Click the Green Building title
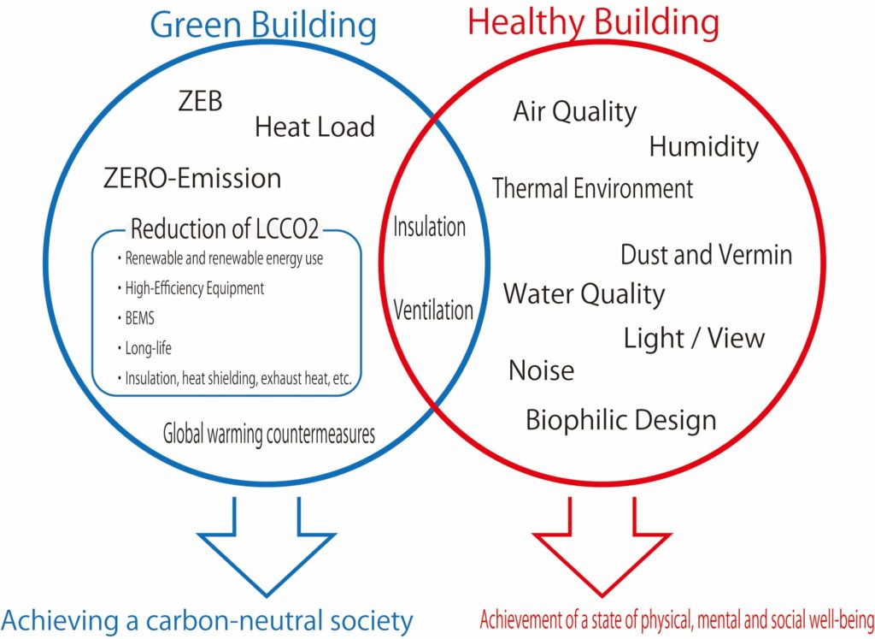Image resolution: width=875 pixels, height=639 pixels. click(263, 26)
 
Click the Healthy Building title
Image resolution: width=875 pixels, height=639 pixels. click(593, 23)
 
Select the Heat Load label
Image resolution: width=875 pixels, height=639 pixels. click(314, 127)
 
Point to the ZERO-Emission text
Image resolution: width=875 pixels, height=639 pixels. click(191, 178)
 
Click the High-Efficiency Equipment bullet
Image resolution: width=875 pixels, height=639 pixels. click(194, 288)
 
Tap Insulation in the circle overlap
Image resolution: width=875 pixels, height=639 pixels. click(429, 227)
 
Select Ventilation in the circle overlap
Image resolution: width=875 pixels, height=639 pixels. click(432, 310)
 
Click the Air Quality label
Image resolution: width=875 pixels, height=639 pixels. click(574, 112)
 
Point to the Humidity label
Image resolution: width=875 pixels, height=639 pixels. click(703, 147)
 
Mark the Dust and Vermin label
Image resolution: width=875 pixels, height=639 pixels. click(706, 254)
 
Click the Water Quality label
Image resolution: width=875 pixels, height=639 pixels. click(584, 294)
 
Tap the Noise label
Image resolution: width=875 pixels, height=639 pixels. click(541, 370)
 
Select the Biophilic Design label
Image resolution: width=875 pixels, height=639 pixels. click(620, 420)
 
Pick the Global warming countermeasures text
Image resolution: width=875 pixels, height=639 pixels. click(269, 434)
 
